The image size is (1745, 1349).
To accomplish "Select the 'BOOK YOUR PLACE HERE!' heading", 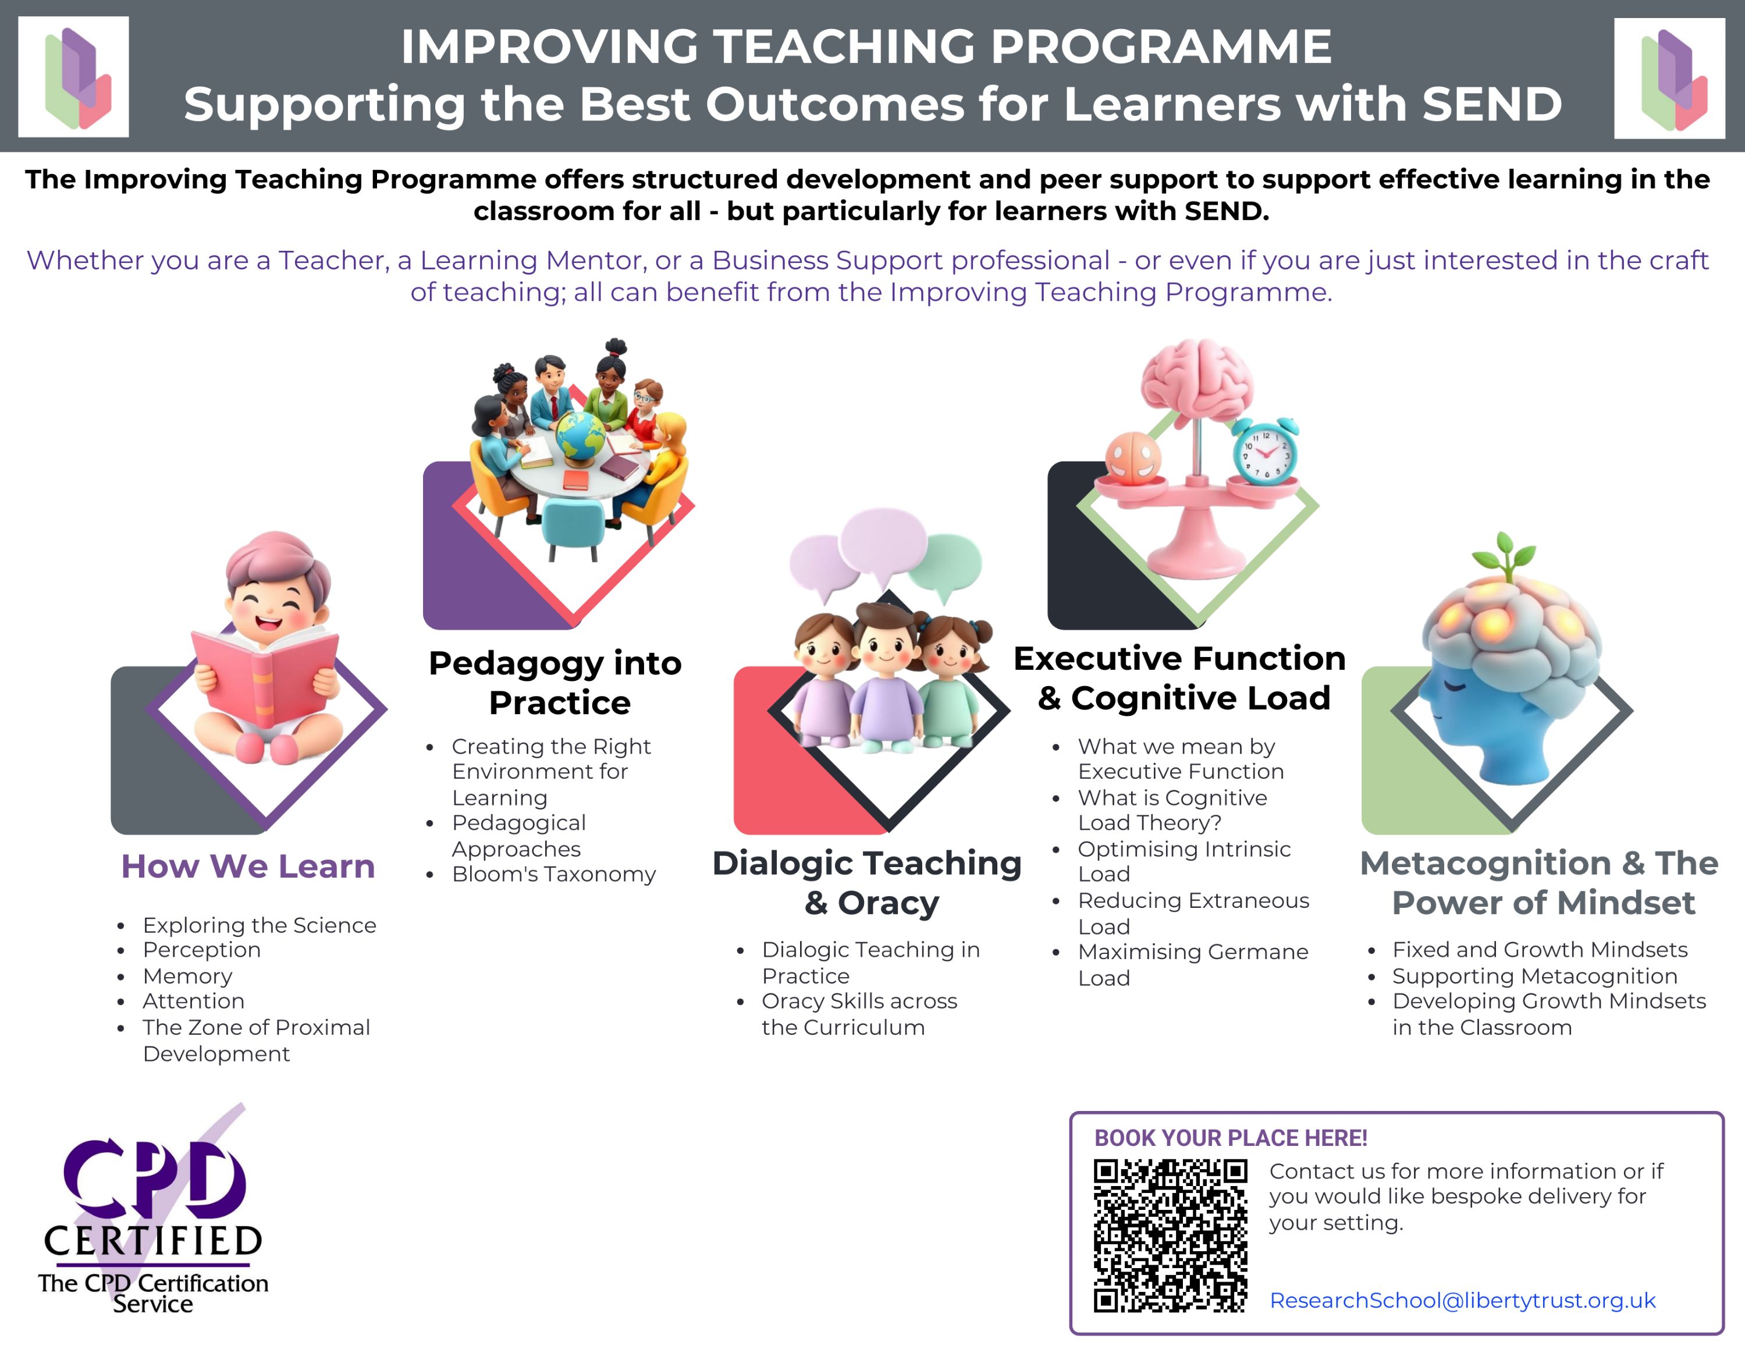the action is point(1231,1138).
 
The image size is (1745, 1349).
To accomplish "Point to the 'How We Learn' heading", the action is point(248,867).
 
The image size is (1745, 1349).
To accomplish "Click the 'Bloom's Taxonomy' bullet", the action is point(554,874).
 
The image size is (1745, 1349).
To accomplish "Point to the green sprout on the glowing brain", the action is point(1505,554).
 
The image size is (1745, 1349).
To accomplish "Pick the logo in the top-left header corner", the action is point(73,77).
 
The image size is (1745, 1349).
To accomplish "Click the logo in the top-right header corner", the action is point(1669,79).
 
